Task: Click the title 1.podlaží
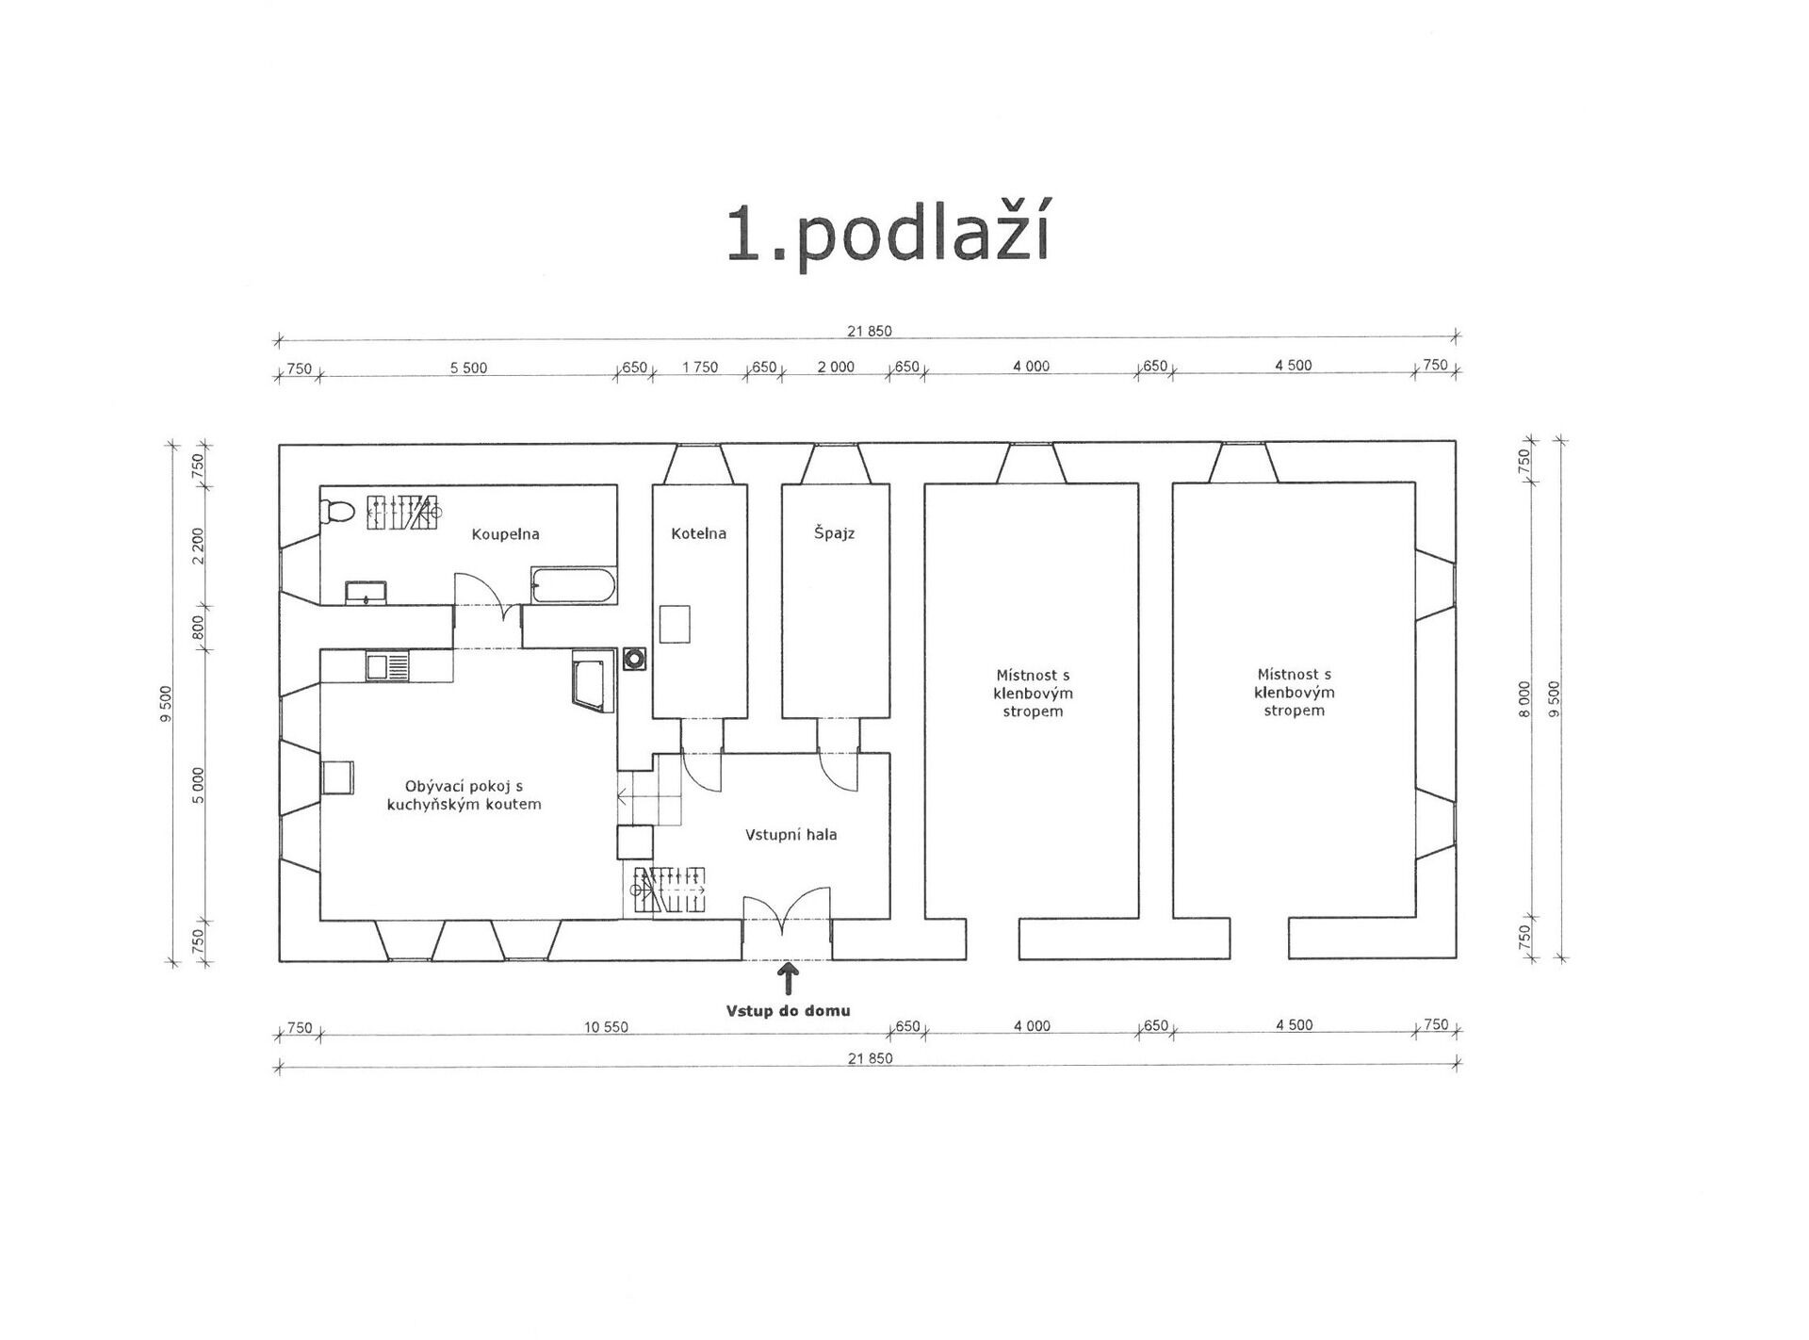[888, 235]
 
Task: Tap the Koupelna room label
[506, 534]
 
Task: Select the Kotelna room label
[699, 533]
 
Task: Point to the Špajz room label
[835, 533]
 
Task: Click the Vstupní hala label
[791, 835]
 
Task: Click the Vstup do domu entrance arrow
[788, 978]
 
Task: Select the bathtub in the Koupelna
[574, 586]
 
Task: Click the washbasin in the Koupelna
[366, 594]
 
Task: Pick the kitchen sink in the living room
[388, 666]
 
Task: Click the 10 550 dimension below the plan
[606, 1027]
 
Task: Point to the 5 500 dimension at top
[468, 368]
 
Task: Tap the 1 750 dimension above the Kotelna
[700, 368]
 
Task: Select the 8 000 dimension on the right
[1525, 699]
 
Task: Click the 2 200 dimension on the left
[198, 546]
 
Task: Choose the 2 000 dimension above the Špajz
[836, 368]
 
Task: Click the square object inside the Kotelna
[676, 624]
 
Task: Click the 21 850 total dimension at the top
[869, 332]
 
